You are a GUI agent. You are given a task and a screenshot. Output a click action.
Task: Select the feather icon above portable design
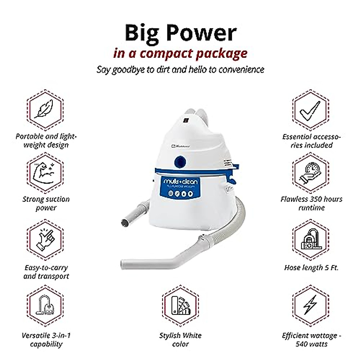coord(45,108)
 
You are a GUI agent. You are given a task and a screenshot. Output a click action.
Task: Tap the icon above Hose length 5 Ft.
coord(311,240)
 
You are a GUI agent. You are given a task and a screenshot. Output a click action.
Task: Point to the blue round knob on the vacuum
coord(180,162)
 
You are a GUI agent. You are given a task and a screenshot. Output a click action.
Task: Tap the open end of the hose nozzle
coord(124,223)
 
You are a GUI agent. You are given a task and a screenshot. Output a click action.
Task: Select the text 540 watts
coord(311,344)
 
